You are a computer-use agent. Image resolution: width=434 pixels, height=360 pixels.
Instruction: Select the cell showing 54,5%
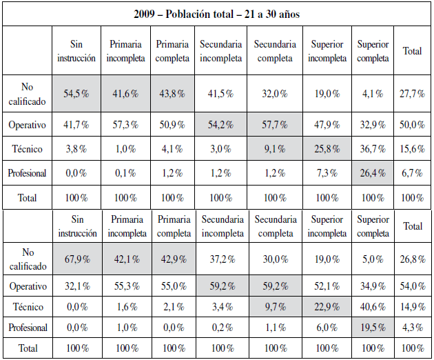tap(76, 94)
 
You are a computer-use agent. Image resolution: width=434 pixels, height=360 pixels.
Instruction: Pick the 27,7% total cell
tap(413, 94)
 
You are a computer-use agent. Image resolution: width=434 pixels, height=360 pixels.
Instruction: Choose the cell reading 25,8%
tap(327, 149)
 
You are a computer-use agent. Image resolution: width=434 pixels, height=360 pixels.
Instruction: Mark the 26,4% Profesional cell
tap(373, 173)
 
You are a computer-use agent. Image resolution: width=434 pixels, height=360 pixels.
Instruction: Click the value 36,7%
tap(373, 149)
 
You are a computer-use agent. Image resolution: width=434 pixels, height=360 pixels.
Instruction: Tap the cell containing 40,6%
tap(373, 307)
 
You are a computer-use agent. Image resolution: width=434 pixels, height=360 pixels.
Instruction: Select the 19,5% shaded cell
tap(373, 328)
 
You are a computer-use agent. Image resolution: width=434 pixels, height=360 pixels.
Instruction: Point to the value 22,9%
tap(327, 307)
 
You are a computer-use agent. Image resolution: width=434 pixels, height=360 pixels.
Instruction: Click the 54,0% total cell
tap(413, 286)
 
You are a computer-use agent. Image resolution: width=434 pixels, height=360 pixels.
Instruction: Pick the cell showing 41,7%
tap(76, 125)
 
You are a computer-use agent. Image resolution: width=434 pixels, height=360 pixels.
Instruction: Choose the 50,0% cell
tap(413, 125)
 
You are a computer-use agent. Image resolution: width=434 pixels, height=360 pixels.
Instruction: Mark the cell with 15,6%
tap(413, 149)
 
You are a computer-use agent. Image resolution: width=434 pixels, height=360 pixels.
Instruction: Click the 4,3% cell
tap(413, 328)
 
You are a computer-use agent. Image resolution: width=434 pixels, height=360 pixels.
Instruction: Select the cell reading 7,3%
tap(327, 173)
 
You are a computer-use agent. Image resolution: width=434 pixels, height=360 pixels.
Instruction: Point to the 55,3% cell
tap(127, 286)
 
